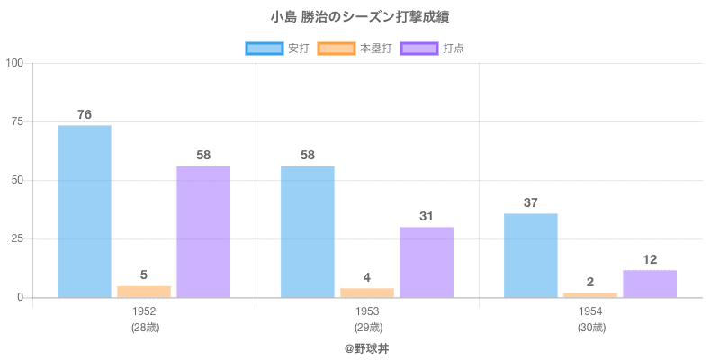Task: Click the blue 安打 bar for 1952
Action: pos(85,211)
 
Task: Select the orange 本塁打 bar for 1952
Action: pos(144,292)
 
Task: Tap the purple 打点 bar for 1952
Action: pos(203,232)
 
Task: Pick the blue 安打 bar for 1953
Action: pos(308,232)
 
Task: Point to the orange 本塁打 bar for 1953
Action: pos(367,292)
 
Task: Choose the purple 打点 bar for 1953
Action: pos(427,262)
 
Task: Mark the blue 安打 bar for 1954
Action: pos(531,256)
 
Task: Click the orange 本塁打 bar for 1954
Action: pos(590,294)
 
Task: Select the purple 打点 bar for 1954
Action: pos(650,283)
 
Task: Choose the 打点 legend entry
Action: pos(433,48)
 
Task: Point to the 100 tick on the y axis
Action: pos(15,63)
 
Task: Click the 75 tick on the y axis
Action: pos(18,121)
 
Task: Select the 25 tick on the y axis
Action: pos(18,238)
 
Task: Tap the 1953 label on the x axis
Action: pos(367,311)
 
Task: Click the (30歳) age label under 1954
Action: pos(590,327)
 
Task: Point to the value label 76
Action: pos(85,114)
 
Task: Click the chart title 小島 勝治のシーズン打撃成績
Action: pos(360,17)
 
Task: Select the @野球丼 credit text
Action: pos(367,346)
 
